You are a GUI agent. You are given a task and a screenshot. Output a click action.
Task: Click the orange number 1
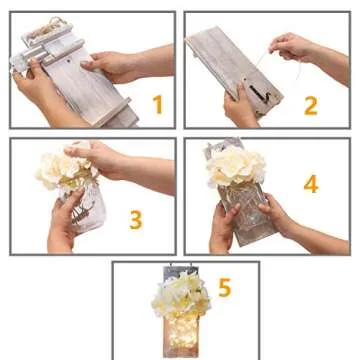156,103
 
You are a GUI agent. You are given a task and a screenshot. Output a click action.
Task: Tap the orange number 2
310,104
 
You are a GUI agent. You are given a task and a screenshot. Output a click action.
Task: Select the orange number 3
135,220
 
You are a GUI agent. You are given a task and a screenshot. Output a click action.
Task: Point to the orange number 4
310,185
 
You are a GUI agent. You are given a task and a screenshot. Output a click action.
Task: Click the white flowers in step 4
236,167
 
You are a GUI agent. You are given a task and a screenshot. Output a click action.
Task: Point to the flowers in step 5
180,295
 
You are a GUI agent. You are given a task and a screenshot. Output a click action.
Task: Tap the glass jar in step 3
85,205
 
